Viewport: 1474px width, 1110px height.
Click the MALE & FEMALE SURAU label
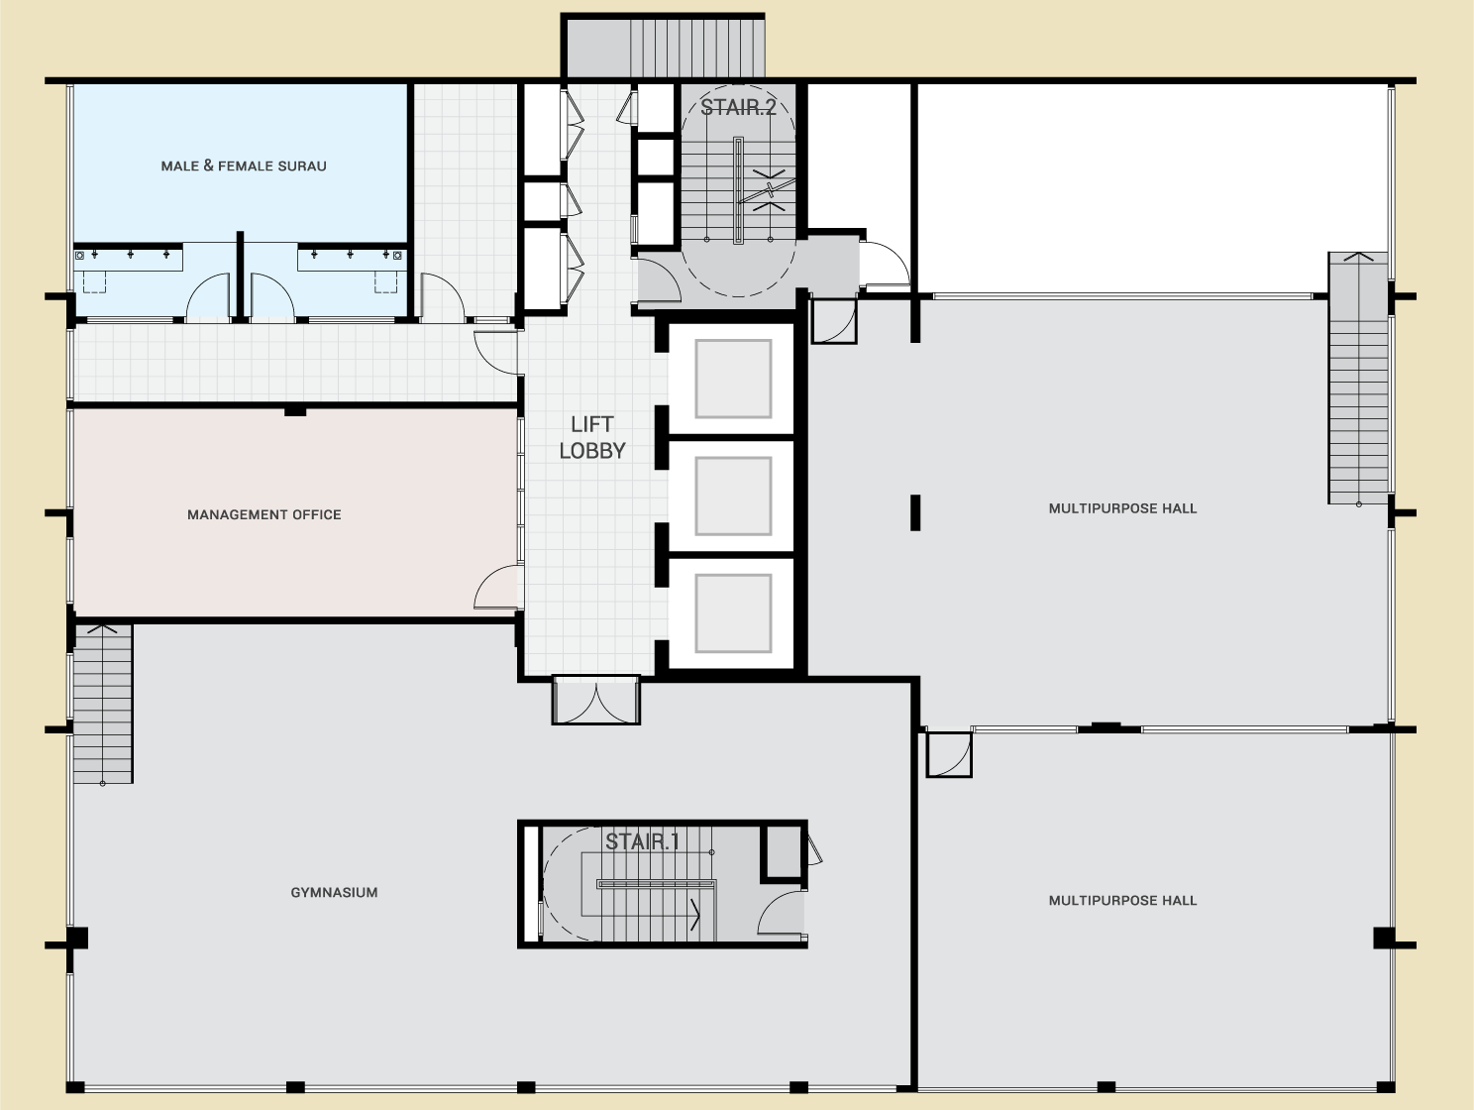[244, 166]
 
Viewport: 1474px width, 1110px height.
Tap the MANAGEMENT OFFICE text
[263, 514]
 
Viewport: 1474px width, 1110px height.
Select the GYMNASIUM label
[334, 892]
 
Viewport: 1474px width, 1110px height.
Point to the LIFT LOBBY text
[592, 437]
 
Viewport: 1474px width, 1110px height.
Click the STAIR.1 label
[643, 841]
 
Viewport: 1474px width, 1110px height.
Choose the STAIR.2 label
[738, 107]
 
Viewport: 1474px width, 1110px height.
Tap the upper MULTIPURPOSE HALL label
[1122, 508]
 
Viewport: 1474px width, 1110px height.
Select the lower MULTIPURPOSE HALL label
[1122, 900]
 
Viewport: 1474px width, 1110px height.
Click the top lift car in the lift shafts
[733, 379]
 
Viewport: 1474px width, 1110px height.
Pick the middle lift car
[733, 497]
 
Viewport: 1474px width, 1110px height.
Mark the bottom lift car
[733, 613]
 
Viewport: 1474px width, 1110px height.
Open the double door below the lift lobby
[595, 701]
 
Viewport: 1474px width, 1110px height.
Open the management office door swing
[497, 588]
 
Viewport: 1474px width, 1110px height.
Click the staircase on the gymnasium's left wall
[103, 705]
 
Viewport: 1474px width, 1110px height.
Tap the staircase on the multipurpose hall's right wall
[1358, 378]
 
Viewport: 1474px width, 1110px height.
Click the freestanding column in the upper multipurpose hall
[914, 512]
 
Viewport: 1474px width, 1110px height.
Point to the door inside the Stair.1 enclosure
[781, 913]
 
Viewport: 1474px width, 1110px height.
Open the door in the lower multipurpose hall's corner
[949, 754]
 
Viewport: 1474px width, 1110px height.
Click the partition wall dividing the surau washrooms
[240, 277]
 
